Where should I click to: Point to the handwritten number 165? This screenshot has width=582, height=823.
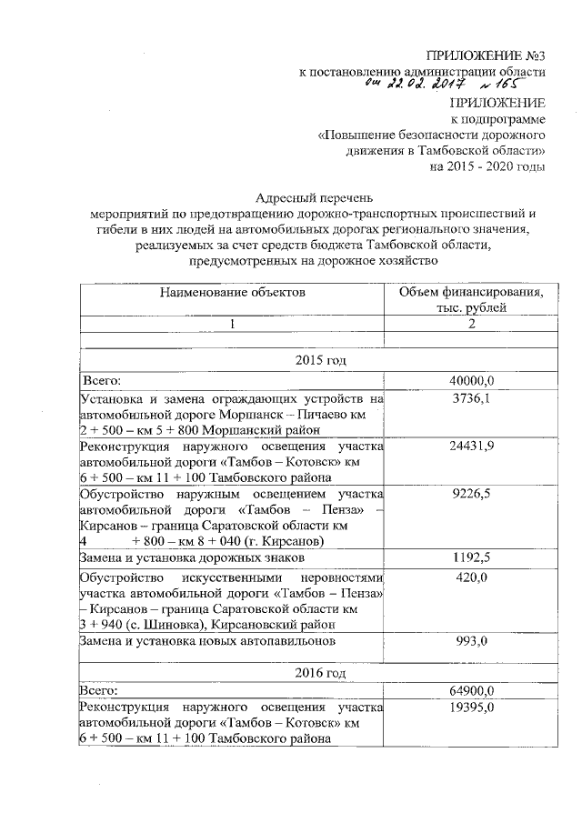click(508, 85)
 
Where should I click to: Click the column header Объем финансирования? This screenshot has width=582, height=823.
click(467, 292)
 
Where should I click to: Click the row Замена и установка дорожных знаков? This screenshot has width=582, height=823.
click(199, 557)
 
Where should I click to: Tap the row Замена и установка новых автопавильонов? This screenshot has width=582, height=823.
click(207, 640)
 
